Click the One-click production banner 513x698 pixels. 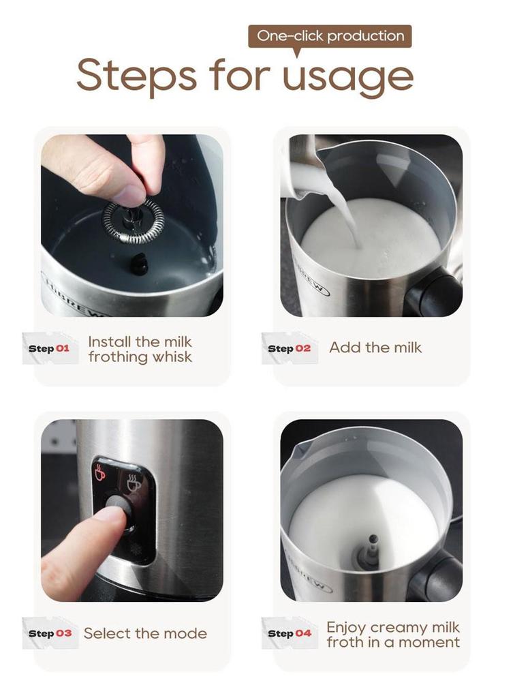pos(330,36)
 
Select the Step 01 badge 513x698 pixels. pos(50,348)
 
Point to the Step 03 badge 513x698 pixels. pos(50,633)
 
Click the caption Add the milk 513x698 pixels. pos(375,348)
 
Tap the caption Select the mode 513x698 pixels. pos(145,633)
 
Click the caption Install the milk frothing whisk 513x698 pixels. pos(140,349)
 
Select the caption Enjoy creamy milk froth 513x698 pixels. pos(393,634)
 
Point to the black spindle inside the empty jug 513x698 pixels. pos(139,262)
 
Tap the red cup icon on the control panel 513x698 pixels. pos(101,472)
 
